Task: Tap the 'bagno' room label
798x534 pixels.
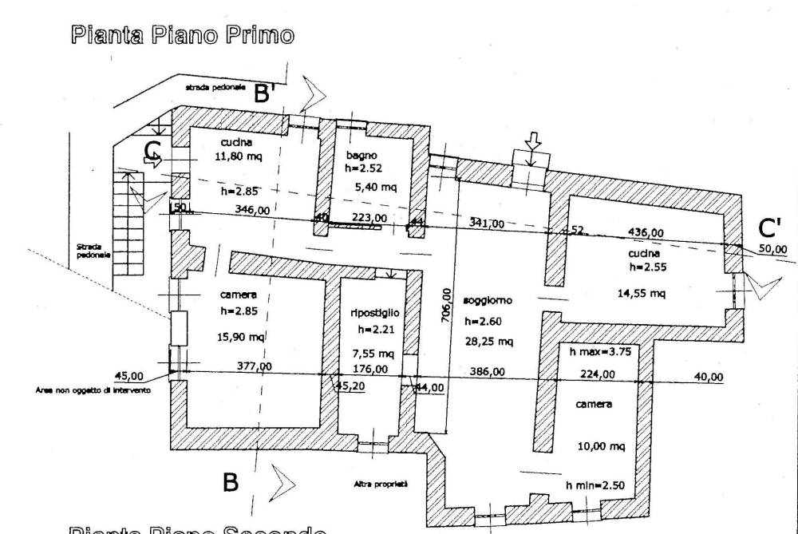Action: pyautogui.click(x=361, y=154)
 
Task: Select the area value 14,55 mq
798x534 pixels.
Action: pyautogui.click(x=640, y=293)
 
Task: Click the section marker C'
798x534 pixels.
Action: pyautogui.click(x=769, y=229)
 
